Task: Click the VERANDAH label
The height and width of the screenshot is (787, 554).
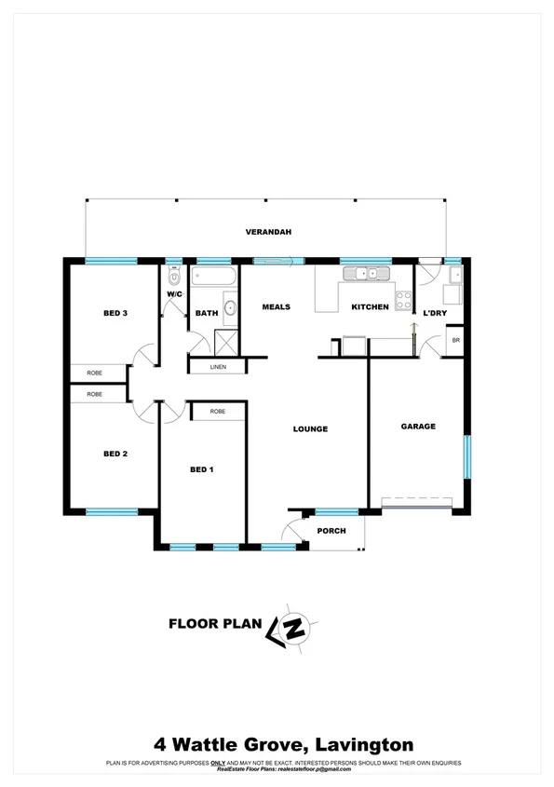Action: tap(268, 232)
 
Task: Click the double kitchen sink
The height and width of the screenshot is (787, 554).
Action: tap(366, 274)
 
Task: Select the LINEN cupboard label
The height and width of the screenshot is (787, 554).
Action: tap(218, 367)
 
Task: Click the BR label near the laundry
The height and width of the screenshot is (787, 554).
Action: tap(455, 341)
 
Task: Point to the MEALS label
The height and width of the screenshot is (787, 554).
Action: tap(276, 307)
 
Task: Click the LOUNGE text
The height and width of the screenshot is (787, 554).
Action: tap(310, 429)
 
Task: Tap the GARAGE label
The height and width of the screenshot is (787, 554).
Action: tap(418, 427)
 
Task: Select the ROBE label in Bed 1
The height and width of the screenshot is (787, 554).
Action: tap(218, 411)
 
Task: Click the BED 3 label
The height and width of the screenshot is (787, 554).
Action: tap(115, 314)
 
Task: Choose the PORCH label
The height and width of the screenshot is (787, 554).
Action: tap(331, 531)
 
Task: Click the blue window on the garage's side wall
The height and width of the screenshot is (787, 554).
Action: tap(466, 456)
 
